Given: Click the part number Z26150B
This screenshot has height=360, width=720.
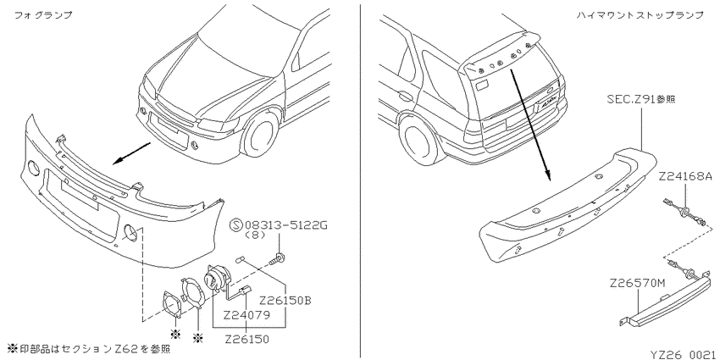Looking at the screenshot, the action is click(285, 301).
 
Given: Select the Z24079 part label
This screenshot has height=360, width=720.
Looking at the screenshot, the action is click(246, 315).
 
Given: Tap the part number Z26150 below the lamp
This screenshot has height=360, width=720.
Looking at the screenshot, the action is click(246, 340).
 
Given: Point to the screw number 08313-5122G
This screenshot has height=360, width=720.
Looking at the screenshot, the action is click(285, 225).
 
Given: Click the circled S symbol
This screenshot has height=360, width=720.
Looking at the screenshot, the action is click(236, 225).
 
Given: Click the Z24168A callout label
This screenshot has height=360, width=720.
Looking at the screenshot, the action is click(685, 176).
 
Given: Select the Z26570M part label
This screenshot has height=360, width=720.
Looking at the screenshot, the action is click(637, 283).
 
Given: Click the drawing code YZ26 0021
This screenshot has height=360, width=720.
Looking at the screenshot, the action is click(684, 354).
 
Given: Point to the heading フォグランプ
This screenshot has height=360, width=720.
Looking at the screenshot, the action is click(43, 15).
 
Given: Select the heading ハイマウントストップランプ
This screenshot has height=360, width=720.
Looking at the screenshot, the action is click(640, 15).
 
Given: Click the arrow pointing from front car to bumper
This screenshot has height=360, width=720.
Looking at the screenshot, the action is click(132, 153).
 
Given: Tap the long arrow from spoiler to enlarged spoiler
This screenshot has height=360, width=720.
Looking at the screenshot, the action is click(528, 122).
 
